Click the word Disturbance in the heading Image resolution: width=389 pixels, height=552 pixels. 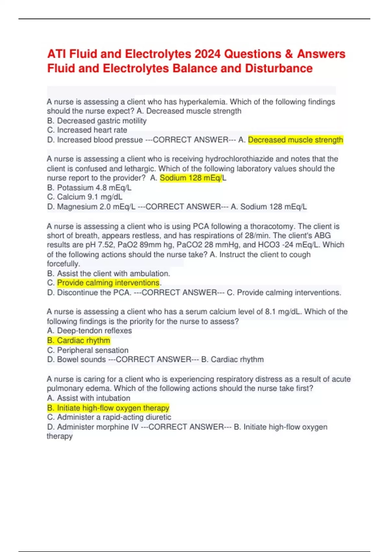tap(279, 69)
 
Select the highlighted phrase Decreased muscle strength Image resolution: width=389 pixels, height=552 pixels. tap(295, 140)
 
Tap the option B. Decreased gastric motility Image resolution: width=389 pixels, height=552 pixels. tap(97, 121)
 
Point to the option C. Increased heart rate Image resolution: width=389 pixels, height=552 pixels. tap(87, 130)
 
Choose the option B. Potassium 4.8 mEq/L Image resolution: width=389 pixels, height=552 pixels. tap(89, 188)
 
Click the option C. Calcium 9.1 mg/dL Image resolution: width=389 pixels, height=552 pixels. tap(85, 197)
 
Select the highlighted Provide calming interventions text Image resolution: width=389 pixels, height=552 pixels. tap(108, 283)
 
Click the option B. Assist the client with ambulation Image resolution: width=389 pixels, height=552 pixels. tap(108, 273)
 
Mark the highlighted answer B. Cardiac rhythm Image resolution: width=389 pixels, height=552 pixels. tap(78, 341)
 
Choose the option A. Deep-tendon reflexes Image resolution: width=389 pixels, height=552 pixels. tap(89, 331)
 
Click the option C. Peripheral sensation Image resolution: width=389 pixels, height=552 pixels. tap(88, 350)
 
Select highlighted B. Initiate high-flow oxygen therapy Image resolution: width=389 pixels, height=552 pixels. tap(108, 408)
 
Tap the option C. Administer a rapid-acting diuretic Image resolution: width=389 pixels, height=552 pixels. tap(109, 417)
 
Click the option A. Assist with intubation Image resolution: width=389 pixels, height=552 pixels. tap(88, 398)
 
